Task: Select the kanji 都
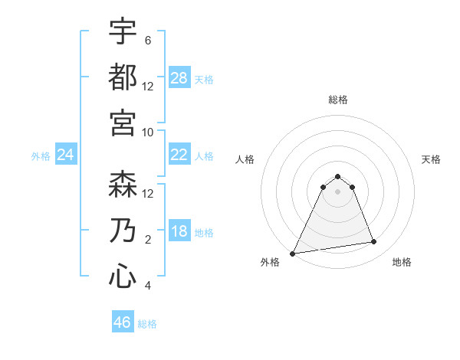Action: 123,77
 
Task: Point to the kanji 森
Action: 123,184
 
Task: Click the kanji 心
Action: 123,276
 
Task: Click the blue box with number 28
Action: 179,78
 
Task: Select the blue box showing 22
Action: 179,155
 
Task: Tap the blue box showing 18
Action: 179,232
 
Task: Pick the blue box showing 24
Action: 66,155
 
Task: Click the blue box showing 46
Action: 123,322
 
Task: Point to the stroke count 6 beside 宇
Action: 148,41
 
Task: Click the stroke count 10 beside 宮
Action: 148,132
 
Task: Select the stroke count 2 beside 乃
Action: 148,240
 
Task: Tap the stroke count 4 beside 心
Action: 148,286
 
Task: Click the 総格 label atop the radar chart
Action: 338,100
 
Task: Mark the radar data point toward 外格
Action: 293,254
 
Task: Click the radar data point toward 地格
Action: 374,242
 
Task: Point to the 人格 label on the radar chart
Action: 245,159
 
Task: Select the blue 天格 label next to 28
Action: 204,79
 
